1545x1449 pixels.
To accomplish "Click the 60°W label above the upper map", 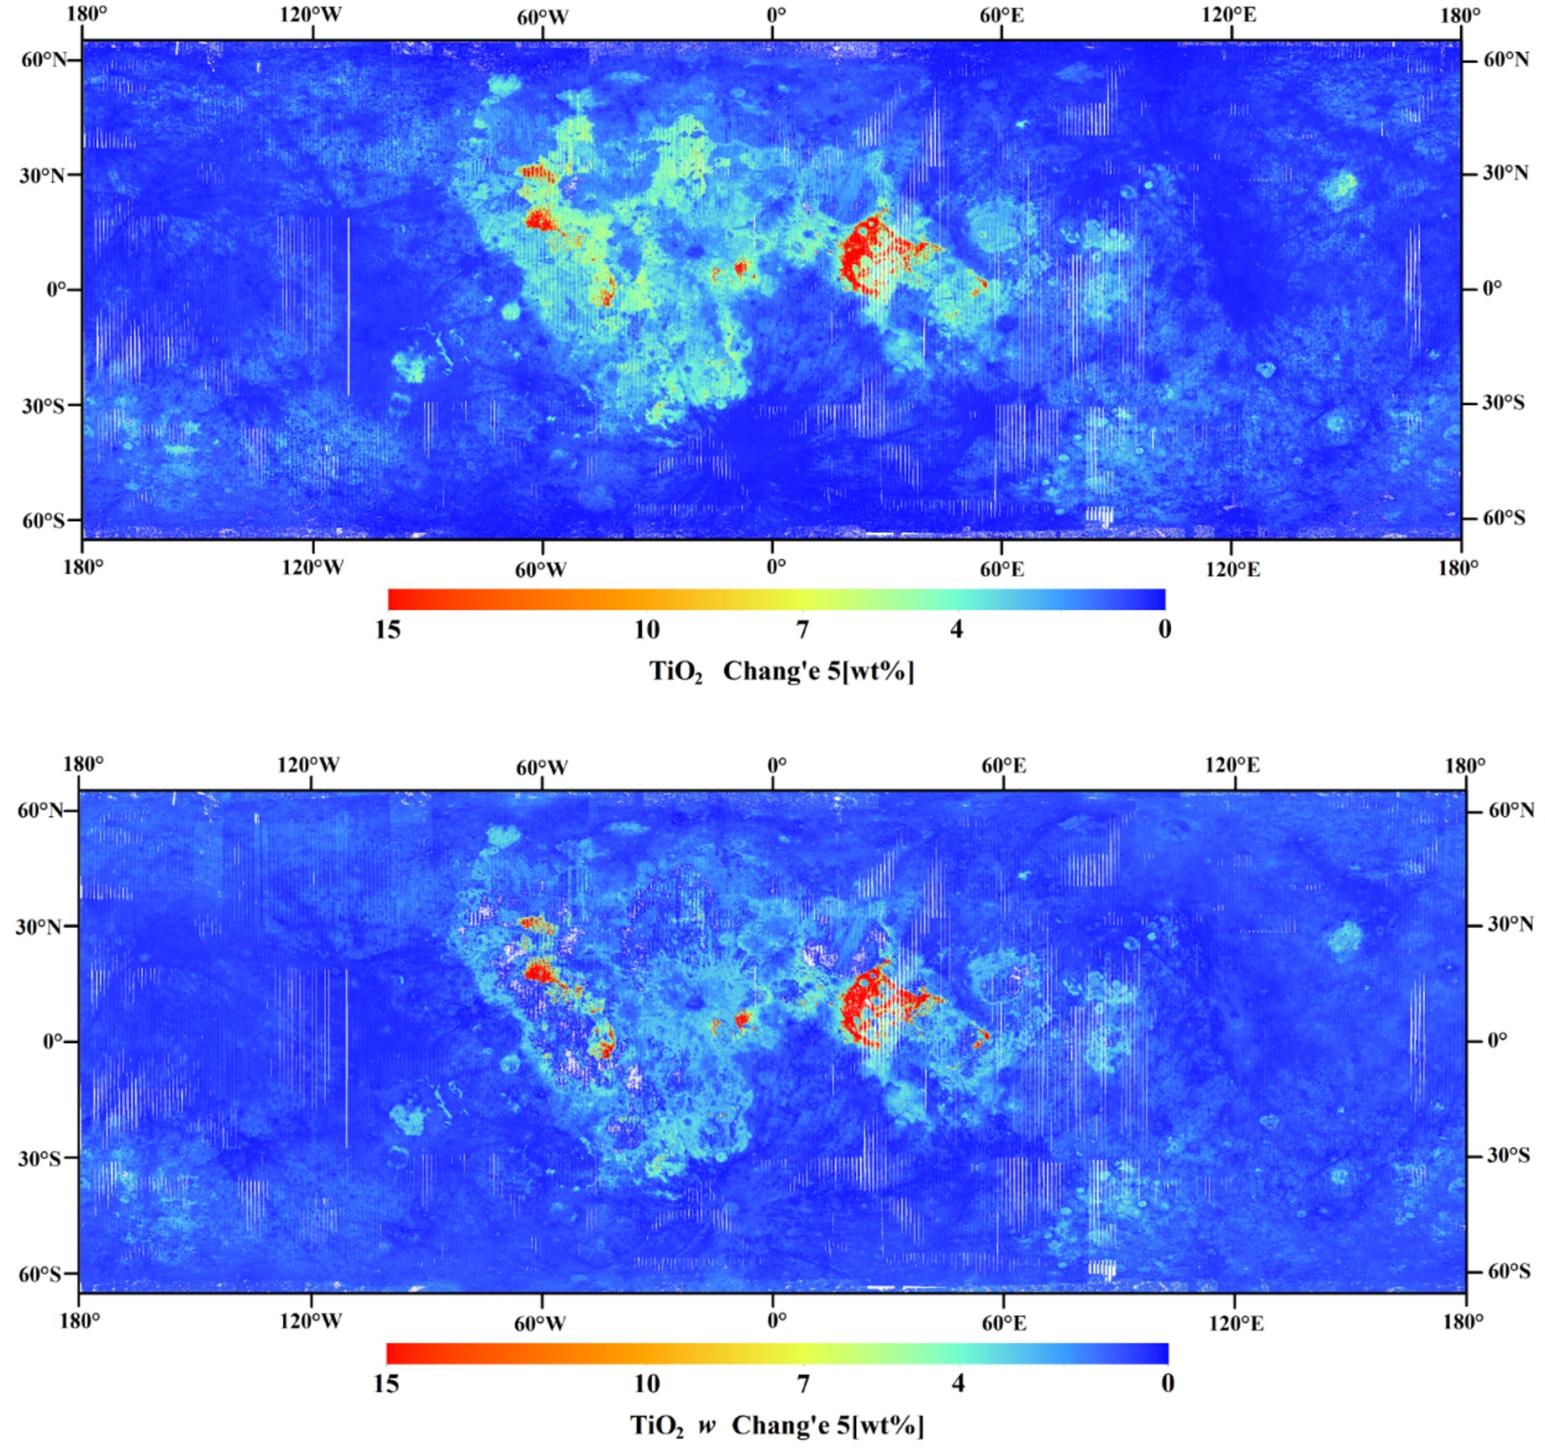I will (542, 17).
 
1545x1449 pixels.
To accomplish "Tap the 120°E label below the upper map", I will (1232, 570).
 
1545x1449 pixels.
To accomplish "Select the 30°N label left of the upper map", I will (42, 175).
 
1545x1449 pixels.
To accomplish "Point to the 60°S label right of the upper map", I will (1504, 517).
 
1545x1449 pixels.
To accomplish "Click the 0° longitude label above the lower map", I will (776, 766).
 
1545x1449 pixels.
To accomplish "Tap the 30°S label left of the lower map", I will (39, 1158).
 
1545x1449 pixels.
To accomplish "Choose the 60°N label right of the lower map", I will (1511, 810).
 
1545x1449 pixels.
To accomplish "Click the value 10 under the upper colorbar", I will (646, 629).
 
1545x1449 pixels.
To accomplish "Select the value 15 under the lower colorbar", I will (386, 1383).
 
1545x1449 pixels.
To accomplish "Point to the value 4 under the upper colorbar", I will (956, 629).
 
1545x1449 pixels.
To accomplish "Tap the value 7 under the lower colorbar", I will (803, 1383).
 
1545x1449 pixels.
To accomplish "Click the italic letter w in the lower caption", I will (707, 1425).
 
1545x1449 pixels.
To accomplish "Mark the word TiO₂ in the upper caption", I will (675, 672).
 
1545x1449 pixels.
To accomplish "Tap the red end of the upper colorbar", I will (395, 599).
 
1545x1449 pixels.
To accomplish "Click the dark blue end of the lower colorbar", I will (1160, 1353).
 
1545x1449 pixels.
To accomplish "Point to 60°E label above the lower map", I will (1003, 766).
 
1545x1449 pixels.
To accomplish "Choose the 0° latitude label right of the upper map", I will (1491, 288).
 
